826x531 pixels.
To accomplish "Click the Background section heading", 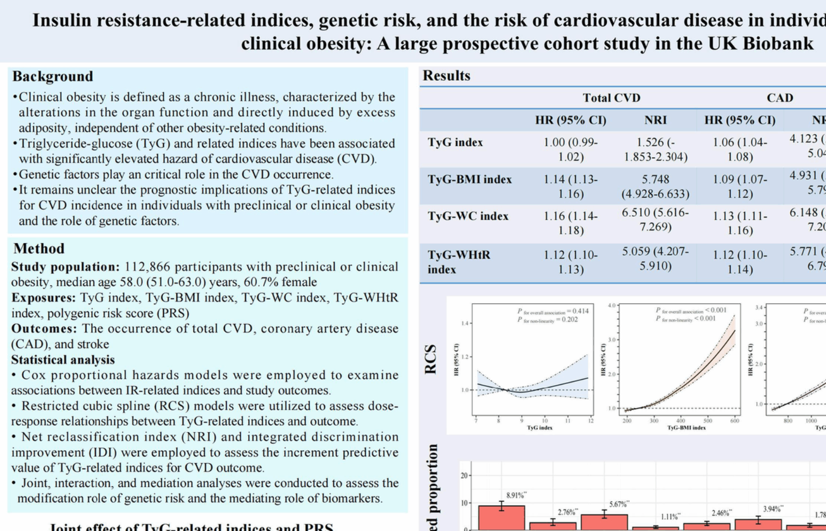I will click(53, 77).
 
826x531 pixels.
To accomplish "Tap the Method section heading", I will click(39, 248).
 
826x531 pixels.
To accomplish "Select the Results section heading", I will click(446, 76).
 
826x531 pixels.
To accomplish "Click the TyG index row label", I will click(455, 143).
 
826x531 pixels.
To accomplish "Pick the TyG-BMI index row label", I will click(469, 179).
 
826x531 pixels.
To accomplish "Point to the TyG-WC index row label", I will click(468, 216).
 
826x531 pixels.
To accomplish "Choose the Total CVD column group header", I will click(611, 98).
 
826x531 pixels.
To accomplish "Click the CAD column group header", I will click(779, 98).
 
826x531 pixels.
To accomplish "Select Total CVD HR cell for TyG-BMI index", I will click(571, 187).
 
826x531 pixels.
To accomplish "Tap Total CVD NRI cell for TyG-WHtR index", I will click(656, 259).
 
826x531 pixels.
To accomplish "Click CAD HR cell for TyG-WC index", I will click(740, 223).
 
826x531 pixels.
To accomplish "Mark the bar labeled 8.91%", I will click(501, 518).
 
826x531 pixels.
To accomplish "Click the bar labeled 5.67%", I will click(604, 522).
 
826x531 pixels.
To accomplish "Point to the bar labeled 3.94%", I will click(758, 524).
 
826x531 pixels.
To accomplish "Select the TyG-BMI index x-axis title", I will click(686, 428).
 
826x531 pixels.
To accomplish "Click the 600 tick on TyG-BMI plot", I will click(735, 421).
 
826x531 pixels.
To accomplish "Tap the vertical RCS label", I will click(431, 359).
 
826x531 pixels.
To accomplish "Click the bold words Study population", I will click(65, 267).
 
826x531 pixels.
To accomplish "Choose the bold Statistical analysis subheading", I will click(63, 360).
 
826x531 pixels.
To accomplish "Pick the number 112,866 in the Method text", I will click(147, 267).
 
